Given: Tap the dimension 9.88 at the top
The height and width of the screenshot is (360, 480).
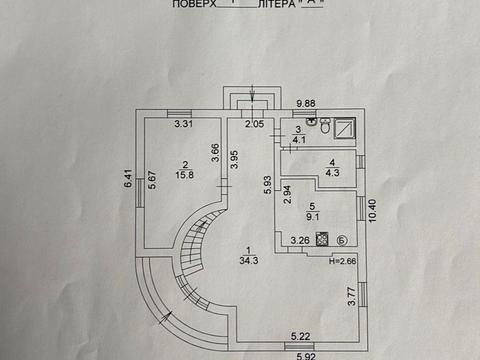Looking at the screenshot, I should (x=305, y=101).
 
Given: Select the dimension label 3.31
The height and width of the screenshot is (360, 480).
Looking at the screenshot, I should (x=182, y=124).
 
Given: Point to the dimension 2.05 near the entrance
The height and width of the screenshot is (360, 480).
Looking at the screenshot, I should (x=256, y=124).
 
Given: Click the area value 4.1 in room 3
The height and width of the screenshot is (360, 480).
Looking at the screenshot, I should (x=299, y=141).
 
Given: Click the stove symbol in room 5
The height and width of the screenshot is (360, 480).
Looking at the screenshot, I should (x=323, y=240).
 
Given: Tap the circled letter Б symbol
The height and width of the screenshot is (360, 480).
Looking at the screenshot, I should (x=342, y=240).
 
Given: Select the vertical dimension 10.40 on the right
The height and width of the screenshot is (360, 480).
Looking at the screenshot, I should (x=371, y=211).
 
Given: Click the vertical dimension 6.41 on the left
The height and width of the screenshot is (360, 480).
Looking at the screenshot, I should (x=128, y=180).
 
